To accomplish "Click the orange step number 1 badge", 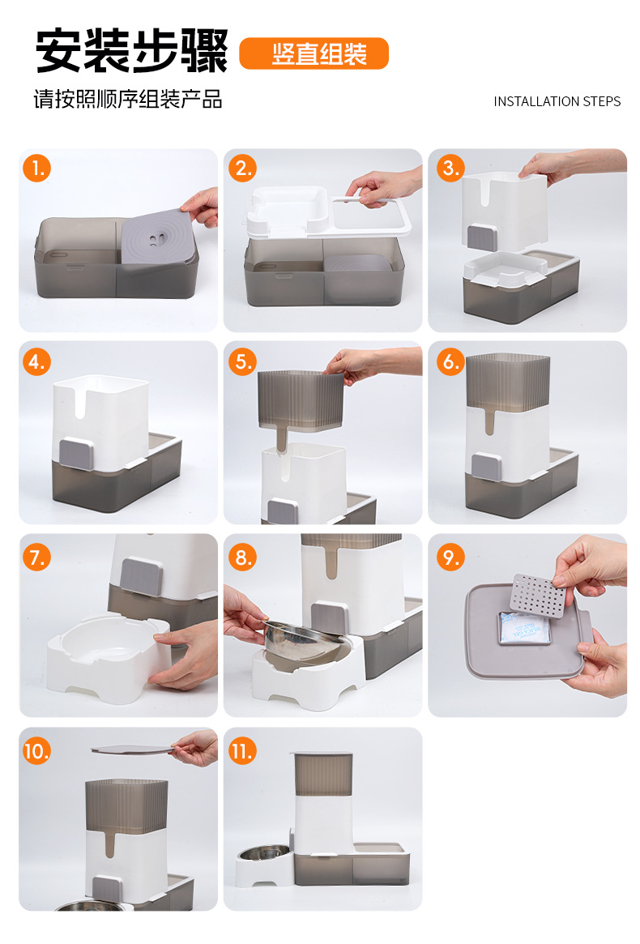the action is [x=36, y=168].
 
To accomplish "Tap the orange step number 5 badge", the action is [x=243, y=361].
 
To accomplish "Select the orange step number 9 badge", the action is [x=450, y=557].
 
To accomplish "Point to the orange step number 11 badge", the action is [x=243, y=751].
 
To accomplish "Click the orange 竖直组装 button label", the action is [x=314, y=53].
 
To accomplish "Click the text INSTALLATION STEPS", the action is [x=557, y=101].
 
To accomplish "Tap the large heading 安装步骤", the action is [x=132, y=50].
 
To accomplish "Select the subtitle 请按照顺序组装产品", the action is [x=128, y=99].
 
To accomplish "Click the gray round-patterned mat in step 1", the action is [x=158, y=237].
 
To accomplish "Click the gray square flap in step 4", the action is [x=76, y=453].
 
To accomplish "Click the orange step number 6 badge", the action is [x=450, y=361].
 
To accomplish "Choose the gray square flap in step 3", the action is [x=483, y=237].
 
